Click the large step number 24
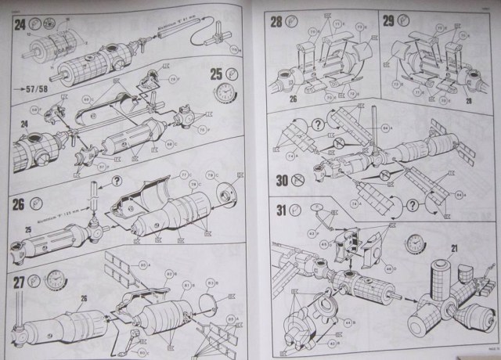pyautogui.click(x=18, y=25)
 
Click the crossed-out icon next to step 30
pyautogui.click(x=297, y=178)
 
